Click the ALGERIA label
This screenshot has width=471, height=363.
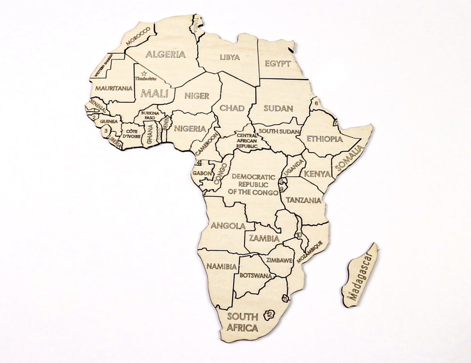[x=165, y=54]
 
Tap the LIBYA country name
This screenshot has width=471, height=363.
[x=229, y=57]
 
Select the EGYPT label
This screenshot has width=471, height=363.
[x=277, y=64]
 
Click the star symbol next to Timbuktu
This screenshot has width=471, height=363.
[x=143, y=73]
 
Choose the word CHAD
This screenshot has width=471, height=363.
[x=232, y=108]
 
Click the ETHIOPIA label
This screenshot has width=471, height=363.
[x=324, y=139]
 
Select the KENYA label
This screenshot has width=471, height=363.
[x=317, y=174]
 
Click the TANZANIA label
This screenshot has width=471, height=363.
[x=304, y=200]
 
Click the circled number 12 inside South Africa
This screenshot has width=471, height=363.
[x=269, y=315]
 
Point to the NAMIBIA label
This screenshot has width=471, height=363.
[x=222, y=266]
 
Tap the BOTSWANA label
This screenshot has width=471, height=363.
[x=256, y=275]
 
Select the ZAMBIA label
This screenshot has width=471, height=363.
[x=264, y=238]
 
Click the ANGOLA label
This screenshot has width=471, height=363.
[x=228, y=226]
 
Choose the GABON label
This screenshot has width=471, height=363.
[x=202, y=173]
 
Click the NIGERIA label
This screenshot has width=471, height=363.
[x=190, y=129]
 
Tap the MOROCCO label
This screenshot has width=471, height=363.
[x=138, y=36]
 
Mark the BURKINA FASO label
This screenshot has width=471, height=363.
[x=150, y=115]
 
